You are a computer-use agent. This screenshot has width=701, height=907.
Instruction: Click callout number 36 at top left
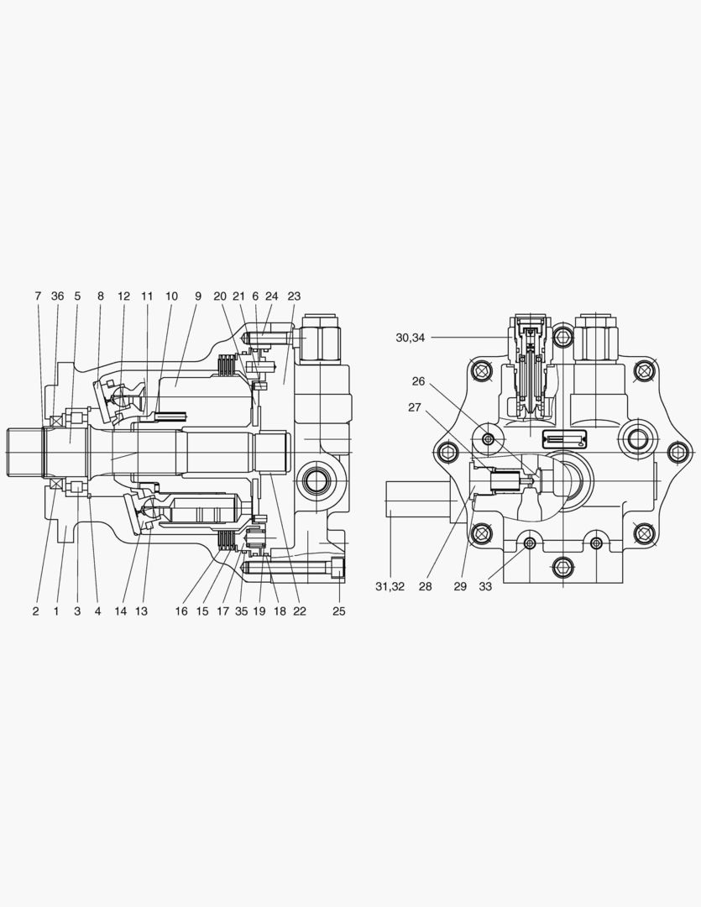pos(57,296)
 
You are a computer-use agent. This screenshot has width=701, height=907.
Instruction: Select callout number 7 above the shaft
pos(38,296)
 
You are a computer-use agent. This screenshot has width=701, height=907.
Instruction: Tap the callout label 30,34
pos(411,338)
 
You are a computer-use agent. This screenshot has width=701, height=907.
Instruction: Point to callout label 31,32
pos(390,586)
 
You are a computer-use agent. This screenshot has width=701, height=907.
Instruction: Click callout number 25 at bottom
pos(338,611)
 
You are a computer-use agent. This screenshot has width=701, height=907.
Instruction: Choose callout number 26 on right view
pos(418,381)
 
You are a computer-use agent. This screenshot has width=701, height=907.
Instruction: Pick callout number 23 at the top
pos(294,296)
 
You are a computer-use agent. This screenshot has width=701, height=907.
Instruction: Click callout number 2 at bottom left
pos(35,611)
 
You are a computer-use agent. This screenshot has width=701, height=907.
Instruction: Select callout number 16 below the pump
pos(181,611)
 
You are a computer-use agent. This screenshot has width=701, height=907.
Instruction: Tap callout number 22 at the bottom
pos(300,611)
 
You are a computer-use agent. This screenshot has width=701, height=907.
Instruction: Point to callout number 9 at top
pos(199,296)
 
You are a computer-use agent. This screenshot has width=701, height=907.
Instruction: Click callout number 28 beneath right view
pos(426,586)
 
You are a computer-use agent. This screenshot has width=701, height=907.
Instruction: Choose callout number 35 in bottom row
pos(242,611)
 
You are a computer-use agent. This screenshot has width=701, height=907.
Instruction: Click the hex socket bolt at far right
pos(677,452)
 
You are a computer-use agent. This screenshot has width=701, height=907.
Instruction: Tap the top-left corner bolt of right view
pos(481,370)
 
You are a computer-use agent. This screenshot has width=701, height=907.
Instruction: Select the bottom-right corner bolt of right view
pos(643,532)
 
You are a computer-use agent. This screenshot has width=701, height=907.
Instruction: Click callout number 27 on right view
pos(414,407)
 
